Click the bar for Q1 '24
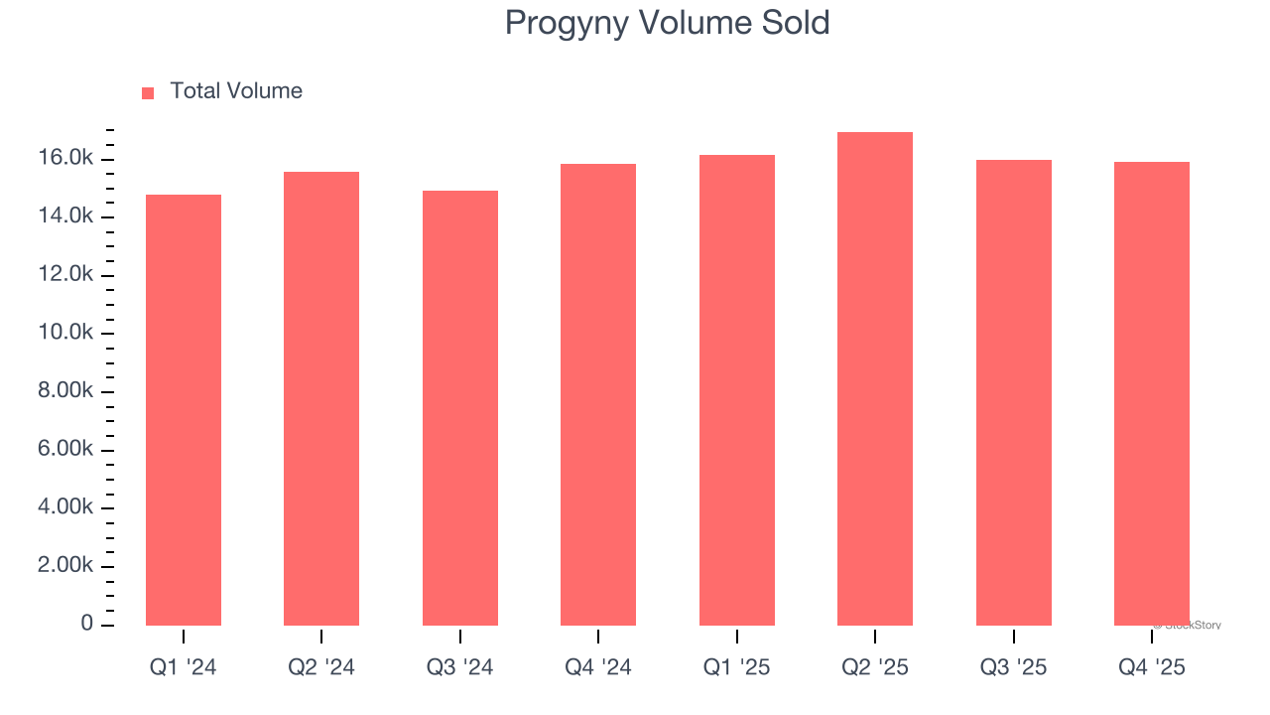point(184,409)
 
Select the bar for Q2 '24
point(321,398)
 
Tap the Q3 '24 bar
point(460,407)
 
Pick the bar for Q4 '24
point(598,394)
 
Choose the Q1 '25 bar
point(737,389)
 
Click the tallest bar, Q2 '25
point(875,378)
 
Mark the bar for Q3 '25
point(1014,392)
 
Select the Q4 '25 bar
point(1152,393)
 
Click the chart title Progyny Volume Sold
point(667,23)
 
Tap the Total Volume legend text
point(236,91)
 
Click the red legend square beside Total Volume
point(148,93)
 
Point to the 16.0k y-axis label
point(67,159)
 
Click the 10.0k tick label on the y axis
point(67,334)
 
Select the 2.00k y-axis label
point(67,566)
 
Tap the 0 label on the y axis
point(87,624)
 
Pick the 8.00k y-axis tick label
point(67,391)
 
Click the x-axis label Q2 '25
point(875,668)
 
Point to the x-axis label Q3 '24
point(460,668)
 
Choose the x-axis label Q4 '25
point(1152,668)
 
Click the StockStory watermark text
point(1188,626)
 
